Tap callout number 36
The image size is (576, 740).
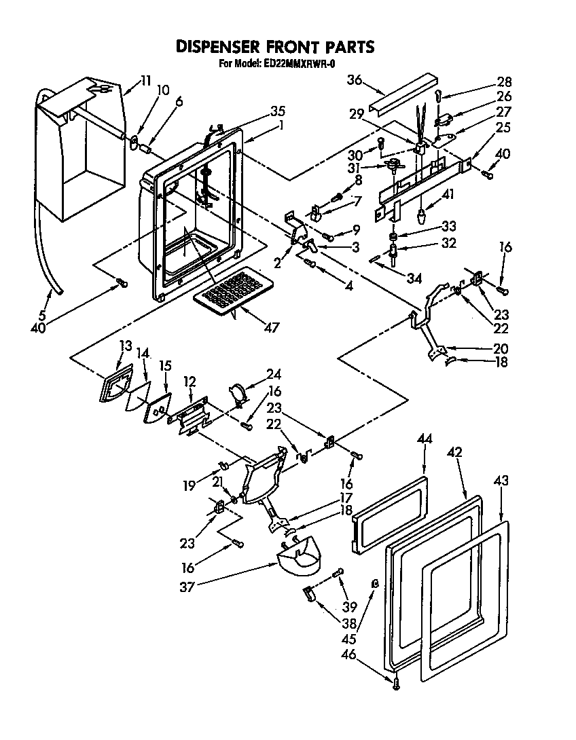coord(354,79)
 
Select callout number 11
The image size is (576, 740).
coord(145,80)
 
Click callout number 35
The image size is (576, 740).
coord(259,112)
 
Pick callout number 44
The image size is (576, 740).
coord(425,440)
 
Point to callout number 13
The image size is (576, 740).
coord(125,346)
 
